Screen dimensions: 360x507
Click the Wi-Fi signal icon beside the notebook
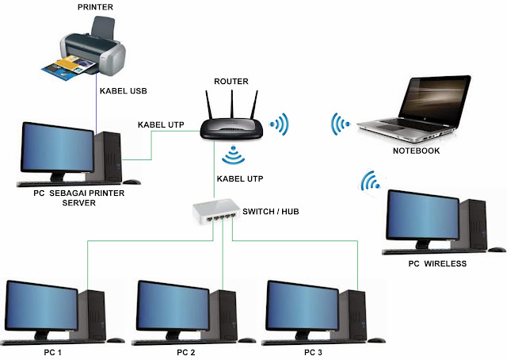tap(341, 125)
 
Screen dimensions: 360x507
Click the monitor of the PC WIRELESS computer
tap(419, 217)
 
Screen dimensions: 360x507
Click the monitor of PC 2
tap(173, 305)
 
